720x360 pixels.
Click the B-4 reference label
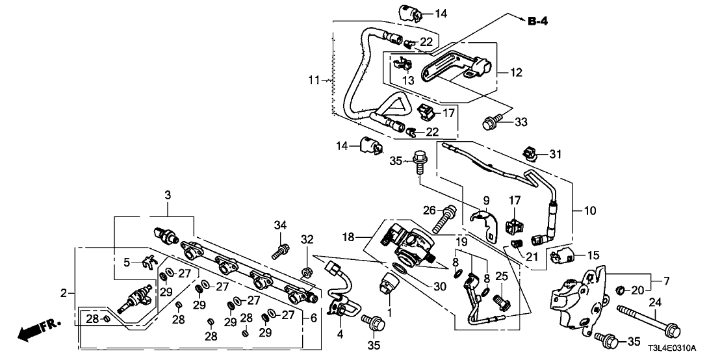[x=537, y=21]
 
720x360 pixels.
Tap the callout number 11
[x=315, y=80]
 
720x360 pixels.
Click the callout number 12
[x=516, y=73]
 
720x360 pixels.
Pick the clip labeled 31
[x=530, y=154]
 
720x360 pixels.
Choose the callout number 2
[x=64, y=293]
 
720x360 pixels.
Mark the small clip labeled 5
[x=148, y=262]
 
